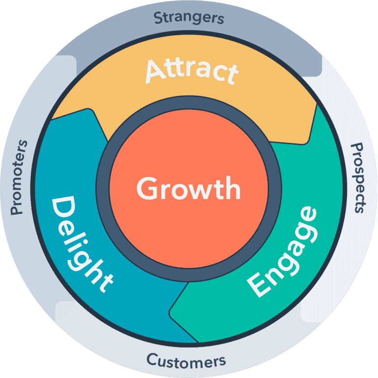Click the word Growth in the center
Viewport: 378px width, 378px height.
[x=189, y=188]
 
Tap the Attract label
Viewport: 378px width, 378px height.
[x=192, y=71]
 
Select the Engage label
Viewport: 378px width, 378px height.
[x=283, y=252]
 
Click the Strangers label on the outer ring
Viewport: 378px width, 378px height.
[x=189, y=18]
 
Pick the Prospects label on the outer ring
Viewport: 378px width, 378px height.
[x=357, y=178]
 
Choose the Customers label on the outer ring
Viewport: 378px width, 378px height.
[x=186, y=361]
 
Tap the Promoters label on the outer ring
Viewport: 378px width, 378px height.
[x=19, y=177]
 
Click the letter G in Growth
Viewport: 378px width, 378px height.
[x=147, y=188]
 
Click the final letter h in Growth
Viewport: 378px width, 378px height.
[x=233, y=188]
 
